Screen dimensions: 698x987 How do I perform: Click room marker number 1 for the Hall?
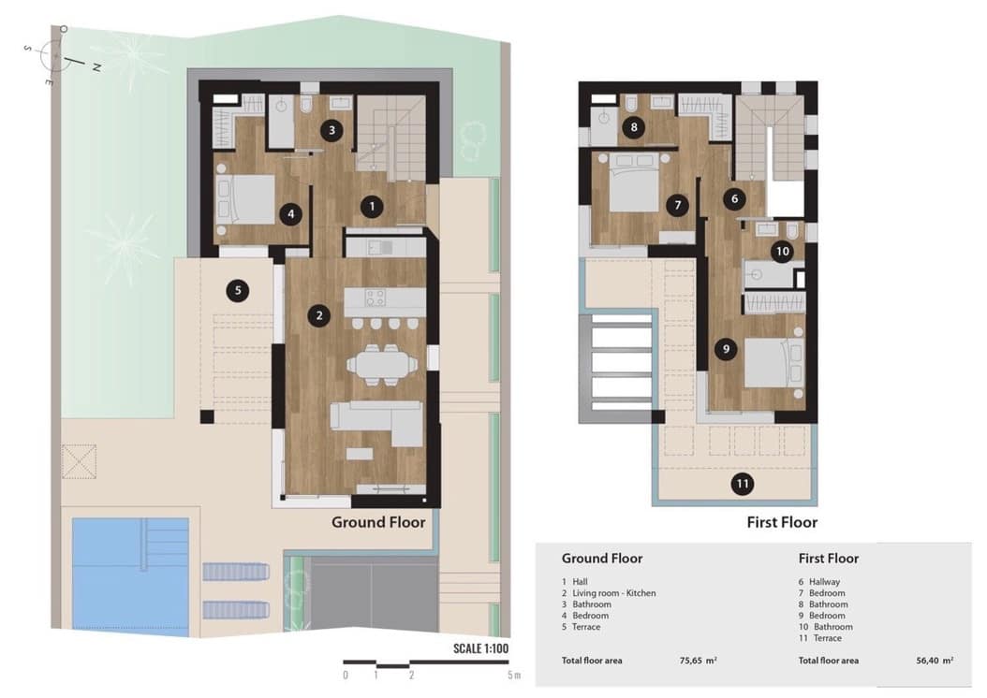tap(372, 206)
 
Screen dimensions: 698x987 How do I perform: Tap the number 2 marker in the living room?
tap(319, 315)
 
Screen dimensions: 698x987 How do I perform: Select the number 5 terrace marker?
tap(238, 290)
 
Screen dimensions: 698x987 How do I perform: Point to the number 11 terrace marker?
tap(743, 484)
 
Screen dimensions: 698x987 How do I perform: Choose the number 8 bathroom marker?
tap(634, 127)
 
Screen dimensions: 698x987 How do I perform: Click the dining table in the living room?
tap(383, 363)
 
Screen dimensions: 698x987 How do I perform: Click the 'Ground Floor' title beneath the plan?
tap(378, 522)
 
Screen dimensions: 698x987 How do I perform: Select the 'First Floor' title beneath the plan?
tap(782, 522)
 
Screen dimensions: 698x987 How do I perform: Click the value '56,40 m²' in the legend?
tap(935, 661)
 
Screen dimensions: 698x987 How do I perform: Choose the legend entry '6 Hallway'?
tap(820, 582)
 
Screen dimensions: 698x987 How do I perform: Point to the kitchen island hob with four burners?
tap(375, 298)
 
